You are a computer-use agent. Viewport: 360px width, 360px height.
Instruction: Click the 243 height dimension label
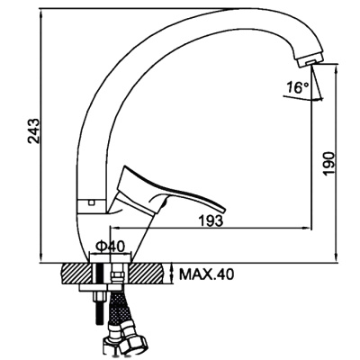(33, 131)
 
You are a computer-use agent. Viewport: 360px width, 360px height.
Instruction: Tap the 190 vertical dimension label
(328, 163)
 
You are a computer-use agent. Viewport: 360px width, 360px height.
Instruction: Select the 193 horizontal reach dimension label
(211, 221)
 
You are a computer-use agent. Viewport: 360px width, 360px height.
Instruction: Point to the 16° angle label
(297, 87)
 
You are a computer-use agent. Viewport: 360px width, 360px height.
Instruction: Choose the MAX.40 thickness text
(206, 274)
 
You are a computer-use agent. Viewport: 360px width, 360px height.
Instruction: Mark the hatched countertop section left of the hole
(76, 274)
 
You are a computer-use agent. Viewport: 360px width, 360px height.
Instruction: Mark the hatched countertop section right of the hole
(147, 274)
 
